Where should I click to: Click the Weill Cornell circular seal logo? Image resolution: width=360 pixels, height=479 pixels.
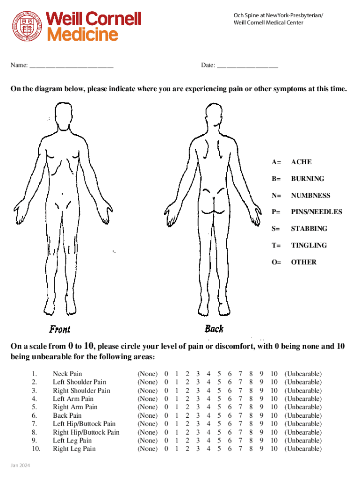(x=27, y=26)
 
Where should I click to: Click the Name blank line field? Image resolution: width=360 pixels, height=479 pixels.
(x=71, y=66)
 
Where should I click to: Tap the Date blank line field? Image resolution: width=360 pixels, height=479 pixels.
(x=247, y=66)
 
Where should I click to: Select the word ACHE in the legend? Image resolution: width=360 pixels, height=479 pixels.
(x=301, y=162)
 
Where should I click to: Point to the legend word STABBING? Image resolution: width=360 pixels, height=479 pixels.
(x=309, y=229)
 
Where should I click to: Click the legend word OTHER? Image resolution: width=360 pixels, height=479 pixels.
(x=303, y=262)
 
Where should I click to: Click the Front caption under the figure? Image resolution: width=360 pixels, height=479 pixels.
(x=60, y=329)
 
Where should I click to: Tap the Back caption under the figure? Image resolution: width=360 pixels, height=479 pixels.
(x=214, y=329)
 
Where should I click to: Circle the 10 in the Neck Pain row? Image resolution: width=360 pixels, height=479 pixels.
(x=274, y=374)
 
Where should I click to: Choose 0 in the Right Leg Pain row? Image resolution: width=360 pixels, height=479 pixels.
(x=166, y=449)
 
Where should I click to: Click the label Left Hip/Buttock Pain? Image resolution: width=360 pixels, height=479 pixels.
(x=84, y=424)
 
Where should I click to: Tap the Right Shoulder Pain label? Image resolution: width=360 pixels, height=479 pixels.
(x=81, y=391)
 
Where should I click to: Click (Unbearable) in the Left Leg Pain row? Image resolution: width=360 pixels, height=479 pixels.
(x=303, y=441)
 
